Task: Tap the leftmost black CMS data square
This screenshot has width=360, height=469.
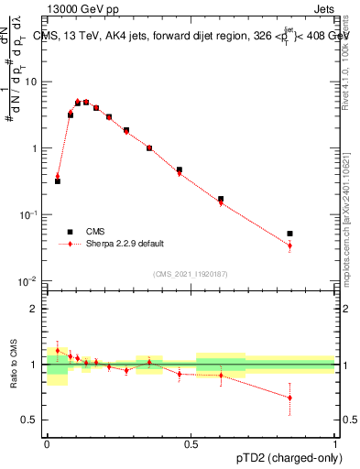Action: coord(58,181)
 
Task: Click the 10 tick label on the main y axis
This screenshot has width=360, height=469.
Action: coord(33,82)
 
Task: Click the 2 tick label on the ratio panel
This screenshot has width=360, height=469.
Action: coord(37,309)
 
